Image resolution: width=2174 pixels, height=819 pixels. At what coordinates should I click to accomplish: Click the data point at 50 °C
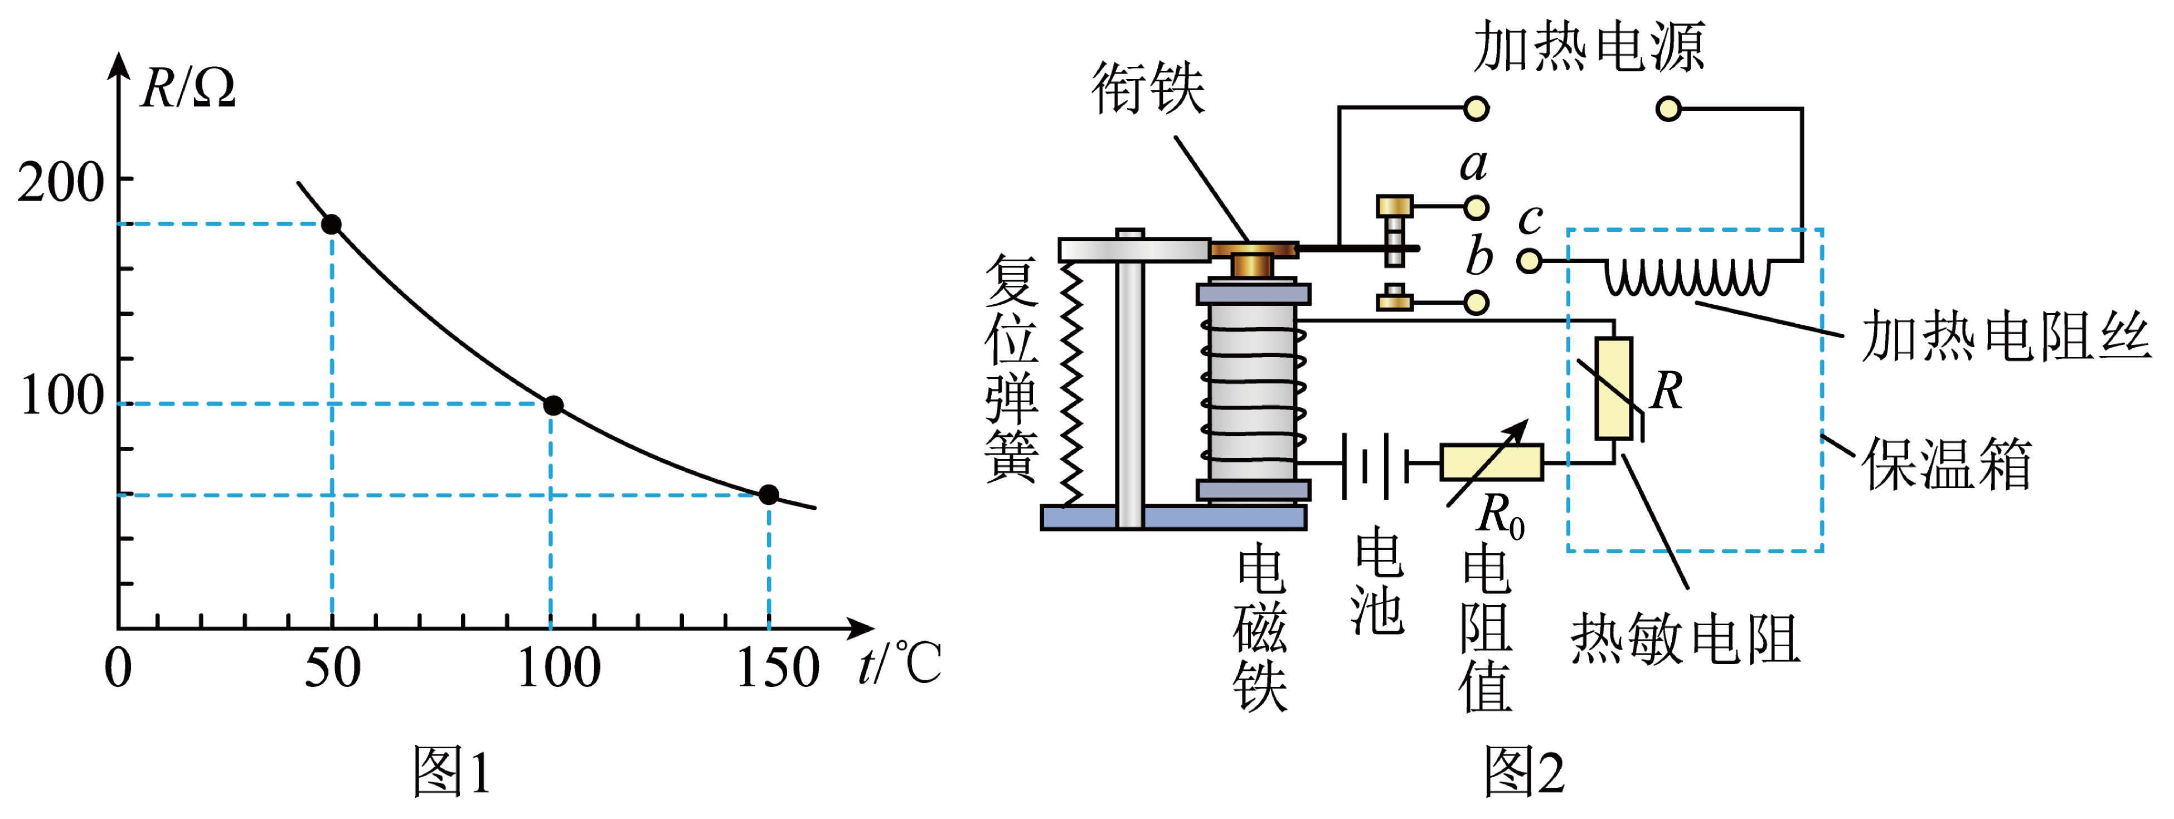coord(332,225)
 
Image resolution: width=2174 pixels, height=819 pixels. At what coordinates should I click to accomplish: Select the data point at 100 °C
coord(553,406)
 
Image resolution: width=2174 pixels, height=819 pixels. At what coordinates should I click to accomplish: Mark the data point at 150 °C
coord(768,494)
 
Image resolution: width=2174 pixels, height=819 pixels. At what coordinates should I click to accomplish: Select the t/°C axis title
coord(899,663)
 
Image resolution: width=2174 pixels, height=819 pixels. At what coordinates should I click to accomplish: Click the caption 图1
coord(452,772)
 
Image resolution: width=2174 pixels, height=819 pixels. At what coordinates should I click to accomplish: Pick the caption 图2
coord(1524,772)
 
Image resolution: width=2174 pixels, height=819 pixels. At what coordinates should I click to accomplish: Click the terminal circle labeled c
coord(1529,261)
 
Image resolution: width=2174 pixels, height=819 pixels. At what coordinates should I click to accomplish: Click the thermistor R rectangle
coord(1614,388)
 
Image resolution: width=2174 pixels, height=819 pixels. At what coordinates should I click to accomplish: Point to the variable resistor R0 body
coord(1491,462)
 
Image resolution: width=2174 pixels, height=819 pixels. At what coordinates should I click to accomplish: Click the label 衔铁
coord(1148,87)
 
